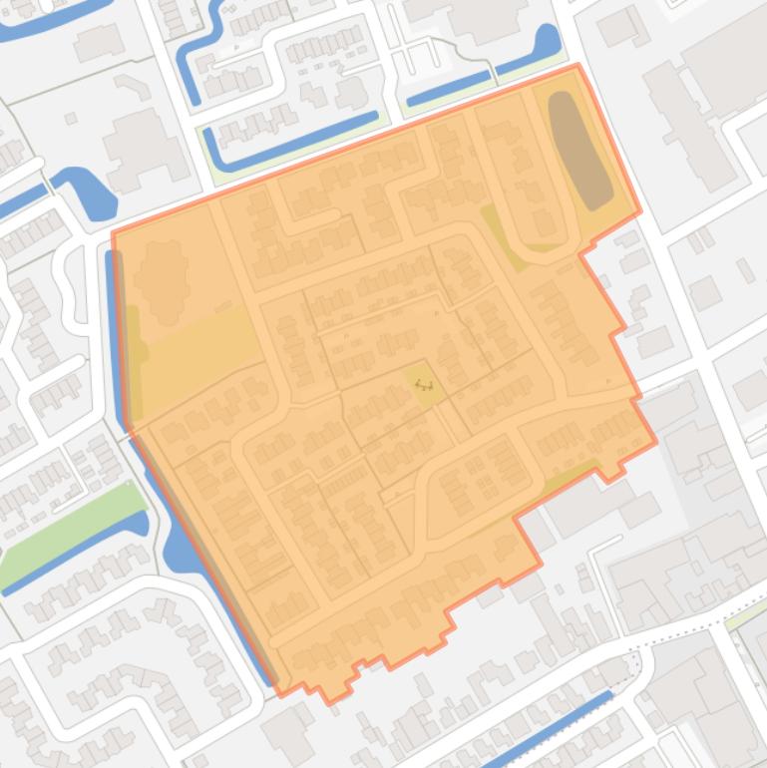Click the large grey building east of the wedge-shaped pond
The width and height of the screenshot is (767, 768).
145,150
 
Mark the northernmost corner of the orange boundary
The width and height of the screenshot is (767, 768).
578,66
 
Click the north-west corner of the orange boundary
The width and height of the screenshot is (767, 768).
113,233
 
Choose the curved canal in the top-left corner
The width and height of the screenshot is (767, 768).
50,15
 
